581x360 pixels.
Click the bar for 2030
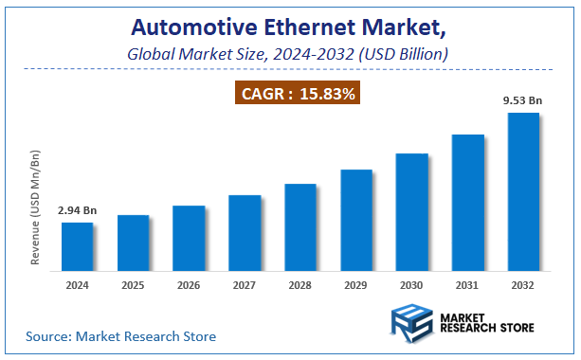pyautogui.click(x=411, y=209)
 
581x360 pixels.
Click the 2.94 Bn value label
pyautogui.click(x=78, y=210)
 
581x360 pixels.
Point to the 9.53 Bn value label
pyautogui.click(x=523, y=100)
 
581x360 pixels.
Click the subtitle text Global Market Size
pyautogui.click(x=195, y=55)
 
